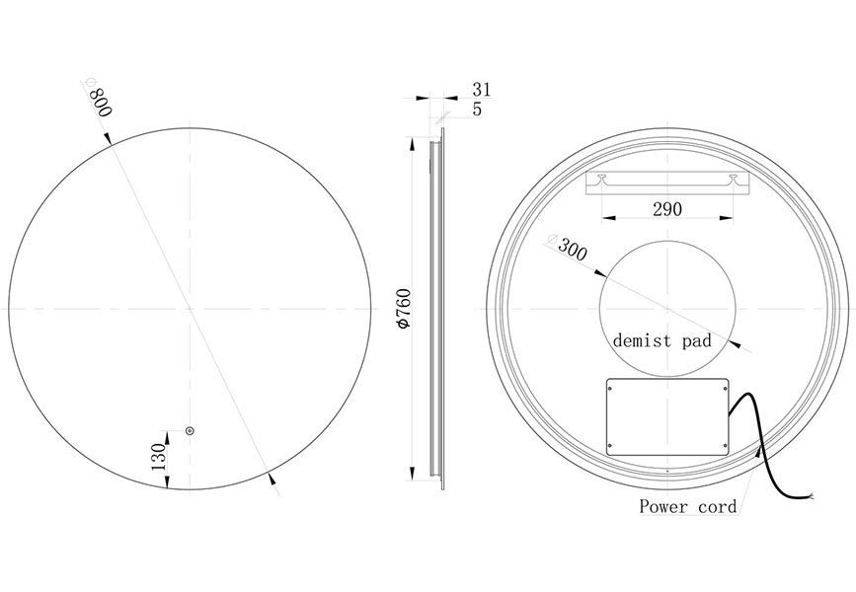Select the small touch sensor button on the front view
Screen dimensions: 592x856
[191, 430]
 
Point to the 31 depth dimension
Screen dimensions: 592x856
[482, 90]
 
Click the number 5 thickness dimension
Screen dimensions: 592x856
[477, 110]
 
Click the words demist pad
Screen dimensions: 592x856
[662, 340]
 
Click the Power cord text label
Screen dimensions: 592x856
[687, 507]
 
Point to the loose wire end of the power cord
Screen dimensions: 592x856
[812, 499]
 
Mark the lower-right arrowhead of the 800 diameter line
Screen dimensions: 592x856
[272, 480]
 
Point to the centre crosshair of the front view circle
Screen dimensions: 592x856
[190, 309]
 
